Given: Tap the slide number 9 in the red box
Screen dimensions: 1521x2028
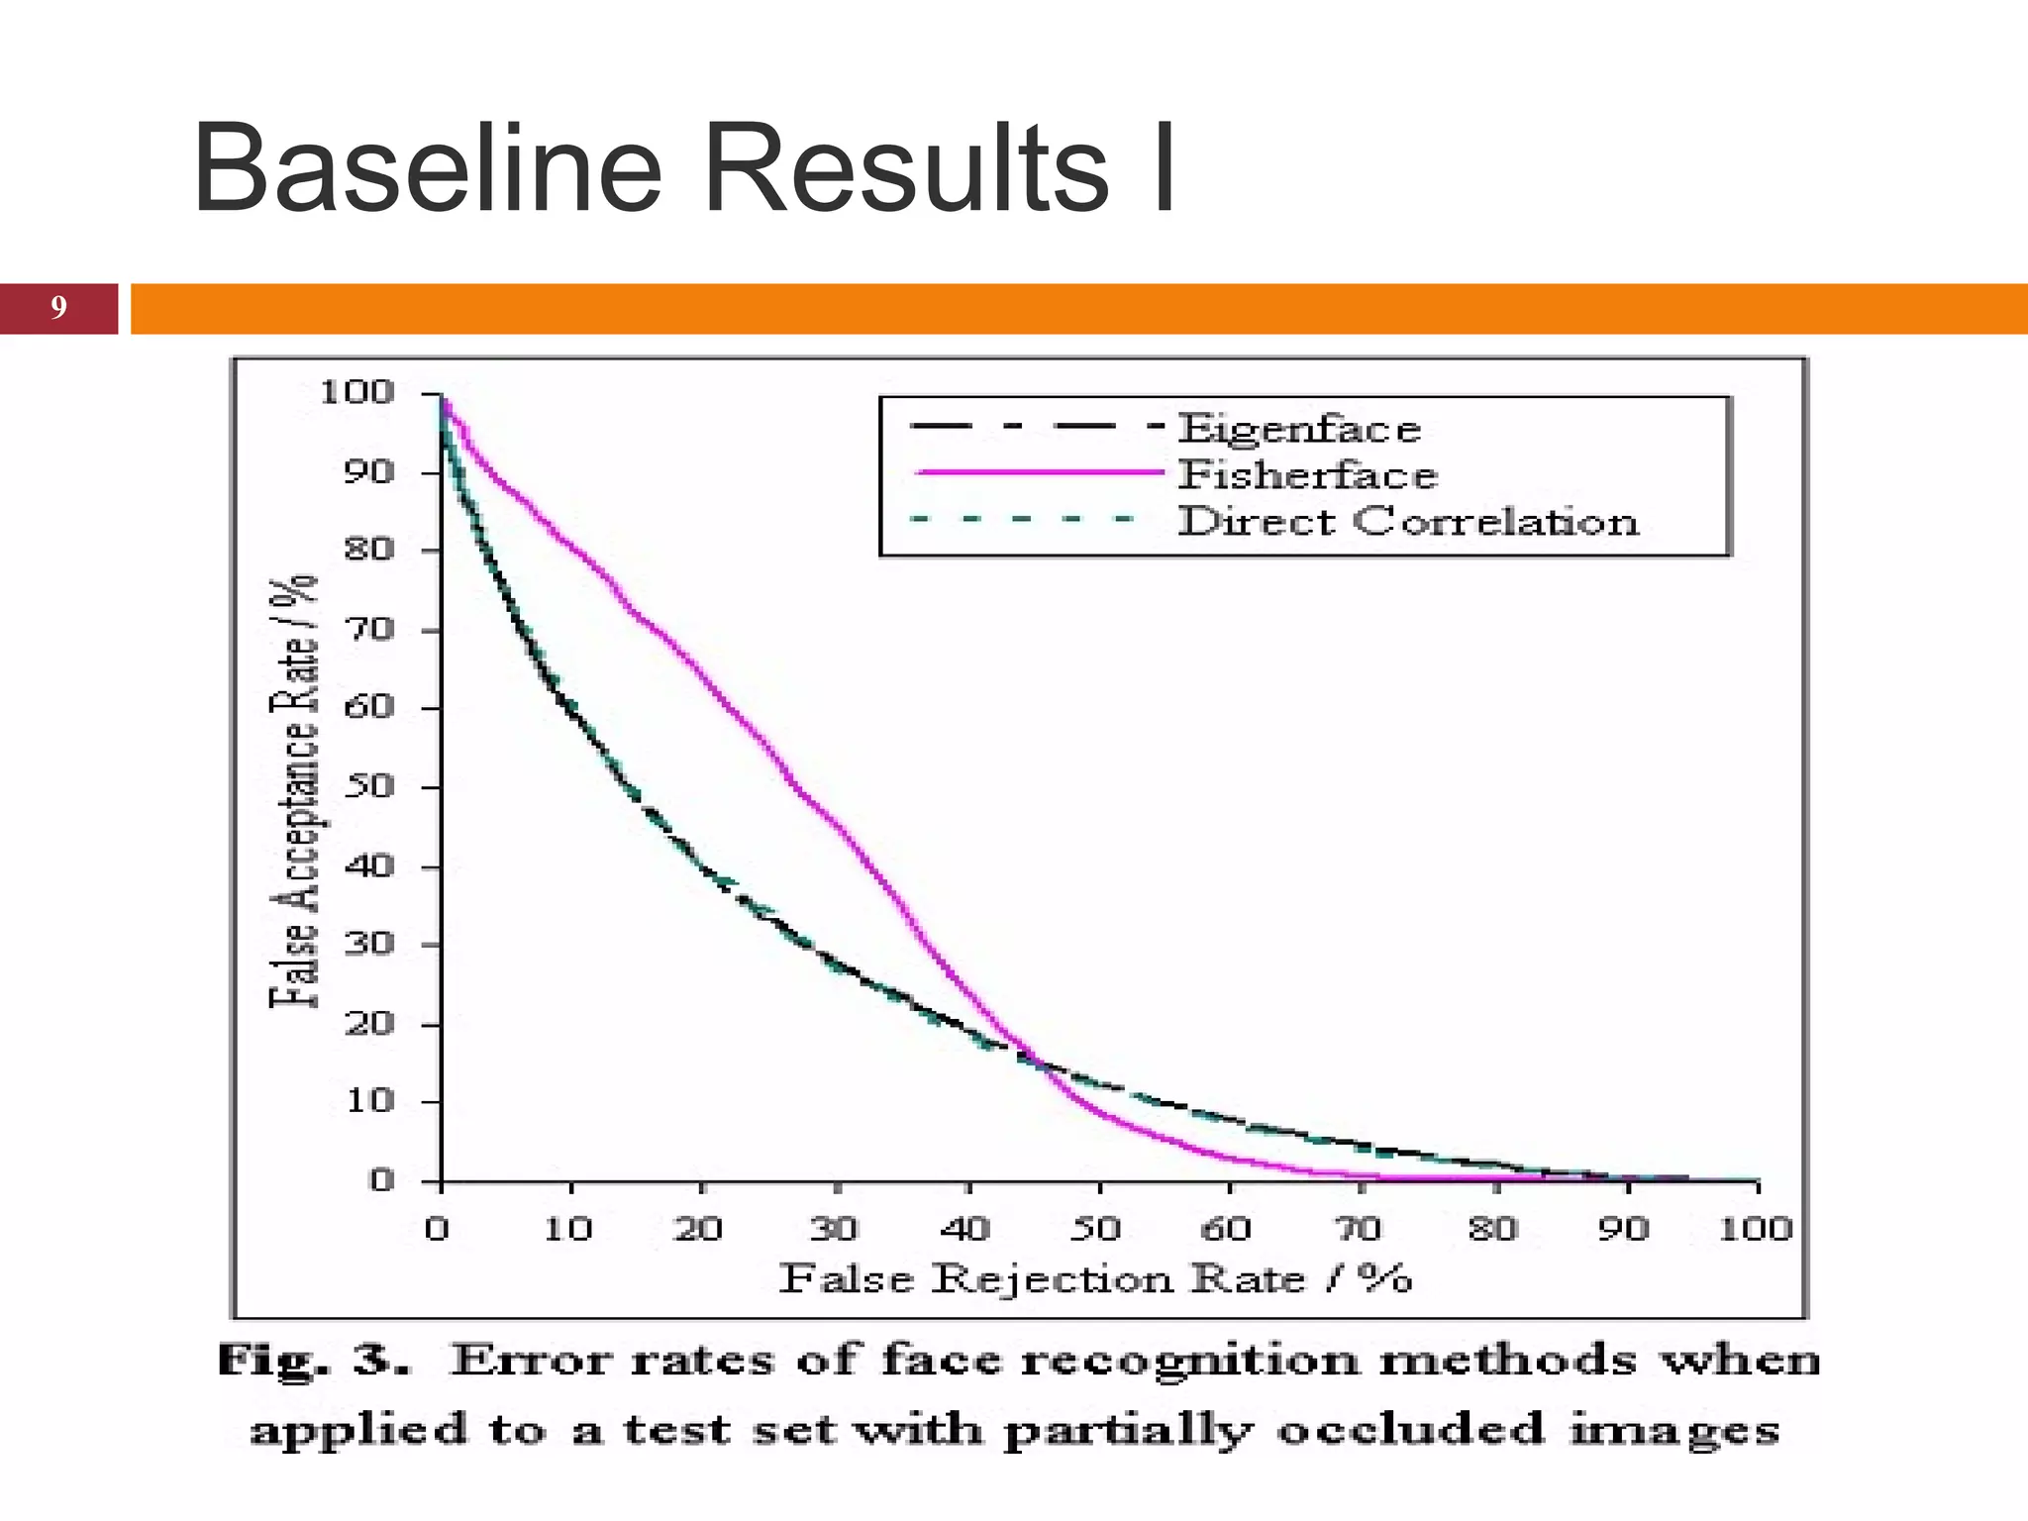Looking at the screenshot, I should [x=58, y=308].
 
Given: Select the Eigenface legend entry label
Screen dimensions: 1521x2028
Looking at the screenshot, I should [x=1299, y=430].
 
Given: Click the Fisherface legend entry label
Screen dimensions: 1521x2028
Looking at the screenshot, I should [x=1307, y=476].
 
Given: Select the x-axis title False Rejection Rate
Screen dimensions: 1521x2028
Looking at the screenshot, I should [x=1094, y=1279].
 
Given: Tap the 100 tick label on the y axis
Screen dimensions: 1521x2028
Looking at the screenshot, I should [x=356, y=393].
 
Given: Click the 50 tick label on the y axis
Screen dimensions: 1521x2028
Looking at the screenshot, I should [x=368, y=787].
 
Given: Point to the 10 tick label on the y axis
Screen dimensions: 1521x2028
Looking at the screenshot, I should [x=368, y=1101].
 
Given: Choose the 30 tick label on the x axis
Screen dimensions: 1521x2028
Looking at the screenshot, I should [x=833, y=1229].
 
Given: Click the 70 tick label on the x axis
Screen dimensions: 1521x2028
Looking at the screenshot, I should [x=1360, y=1229].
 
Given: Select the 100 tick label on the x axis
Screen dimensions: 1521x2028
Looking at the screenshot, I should [x=1755, y=1229].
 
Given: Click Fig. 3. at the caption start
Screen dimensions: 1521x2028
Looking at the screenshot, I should [x=313, y=1361].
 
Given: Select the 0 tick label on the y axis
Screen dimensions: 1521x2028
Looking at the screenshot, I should [x=381, y=1180].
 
